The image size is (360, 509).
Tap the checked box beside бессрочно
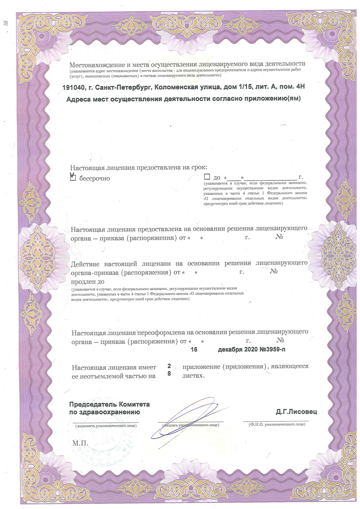click(x=72, y=177)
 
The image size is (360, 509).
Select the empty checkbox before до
click(x=207, y=177)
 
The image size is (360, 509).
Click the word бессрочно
click(x=94, y=178)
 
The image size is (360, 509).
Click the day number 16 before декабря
click(x=194, y=349)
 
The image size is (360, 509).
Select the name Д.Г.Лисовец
click(x=296, y=411)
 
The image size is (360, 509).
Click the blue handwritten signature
click(x=191, y=418)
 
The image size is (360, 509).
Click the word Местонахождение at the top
click(x=98, y=64)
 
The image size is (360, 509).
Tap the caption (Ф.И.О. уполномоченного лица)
click(x=276, y=425)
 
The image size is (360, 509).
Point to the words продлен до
click(x=86, y=282)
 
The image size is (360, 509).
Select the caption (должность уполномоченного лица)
click(x=106, y=426)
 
